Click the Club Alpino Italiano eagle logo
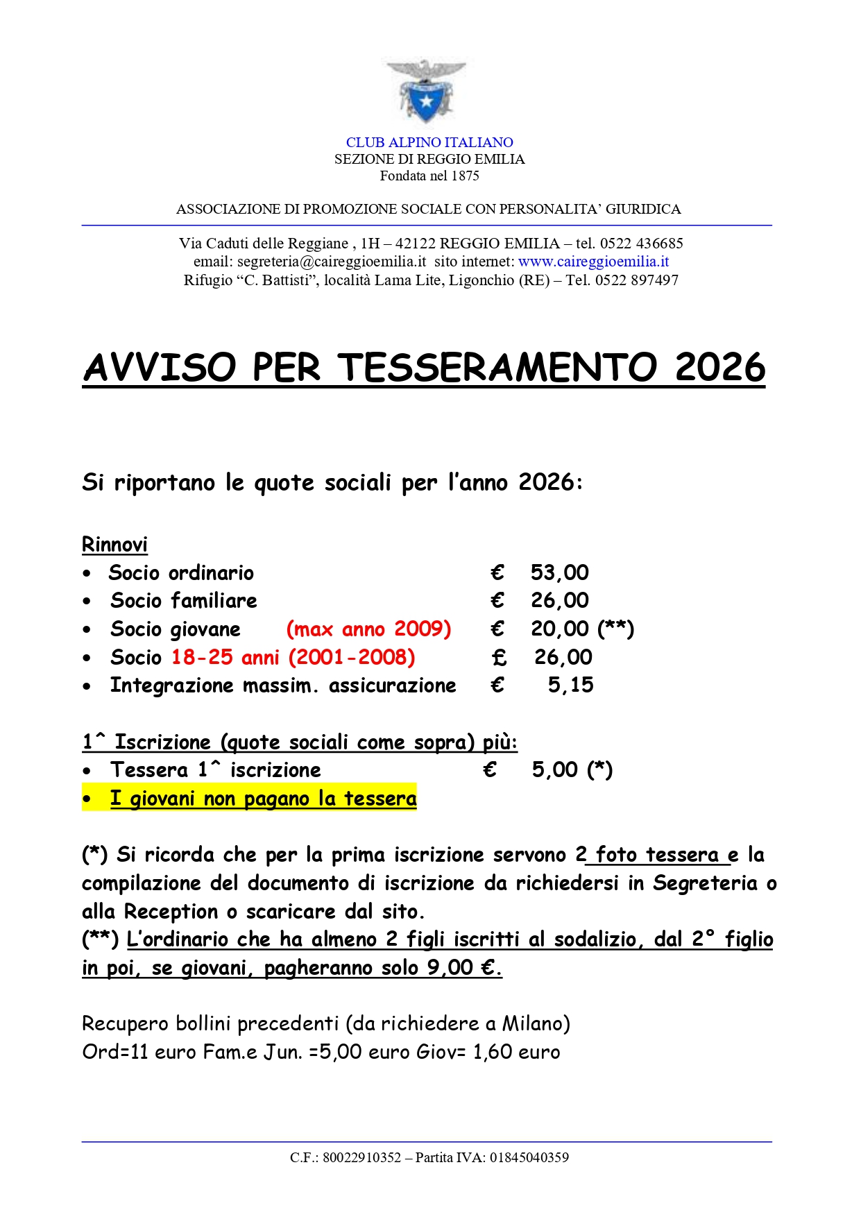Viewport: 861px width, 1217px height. click(426, 92)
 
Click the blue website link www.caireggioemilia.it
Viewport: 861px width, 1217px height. click(593, 262)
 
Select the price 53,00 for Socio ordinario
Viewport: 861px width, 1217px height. click(559, 572)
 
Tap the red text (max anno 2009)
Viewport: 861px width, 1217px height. click(368, 629)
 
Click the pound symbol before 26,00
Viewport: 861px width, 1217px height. click(499, 657)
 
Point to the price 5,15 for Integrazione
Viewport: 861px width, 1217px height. click(570, 686)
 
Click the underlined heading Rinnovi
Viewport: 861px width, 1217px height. click(114, 545)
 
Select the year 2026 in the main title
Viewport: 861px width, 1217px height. click(719, 367)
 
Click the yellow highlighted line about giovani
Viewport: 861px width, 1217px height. click(263, 799)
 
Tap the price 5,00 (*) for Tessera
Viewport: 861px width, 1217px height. click(572, 770)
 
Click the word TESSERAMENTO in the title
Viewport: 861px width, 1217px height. click(497, 367)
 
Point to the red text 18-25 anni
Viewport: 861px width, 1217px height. click(225, 657)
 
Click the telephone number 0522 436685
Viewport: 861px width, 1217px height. click(641, 244)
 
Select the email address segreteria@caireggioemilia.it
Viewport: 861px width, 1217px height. click(332, 262)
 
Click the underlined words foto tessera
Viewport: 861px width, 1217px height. click(657, 855)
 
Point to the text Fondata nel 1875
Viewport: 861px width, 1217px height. click(429, 176)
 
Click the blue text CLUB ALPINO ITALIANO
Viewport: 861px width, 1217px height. click(429, 142)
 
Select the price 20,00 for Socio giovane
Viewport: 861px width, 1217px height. click(559, 629)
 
